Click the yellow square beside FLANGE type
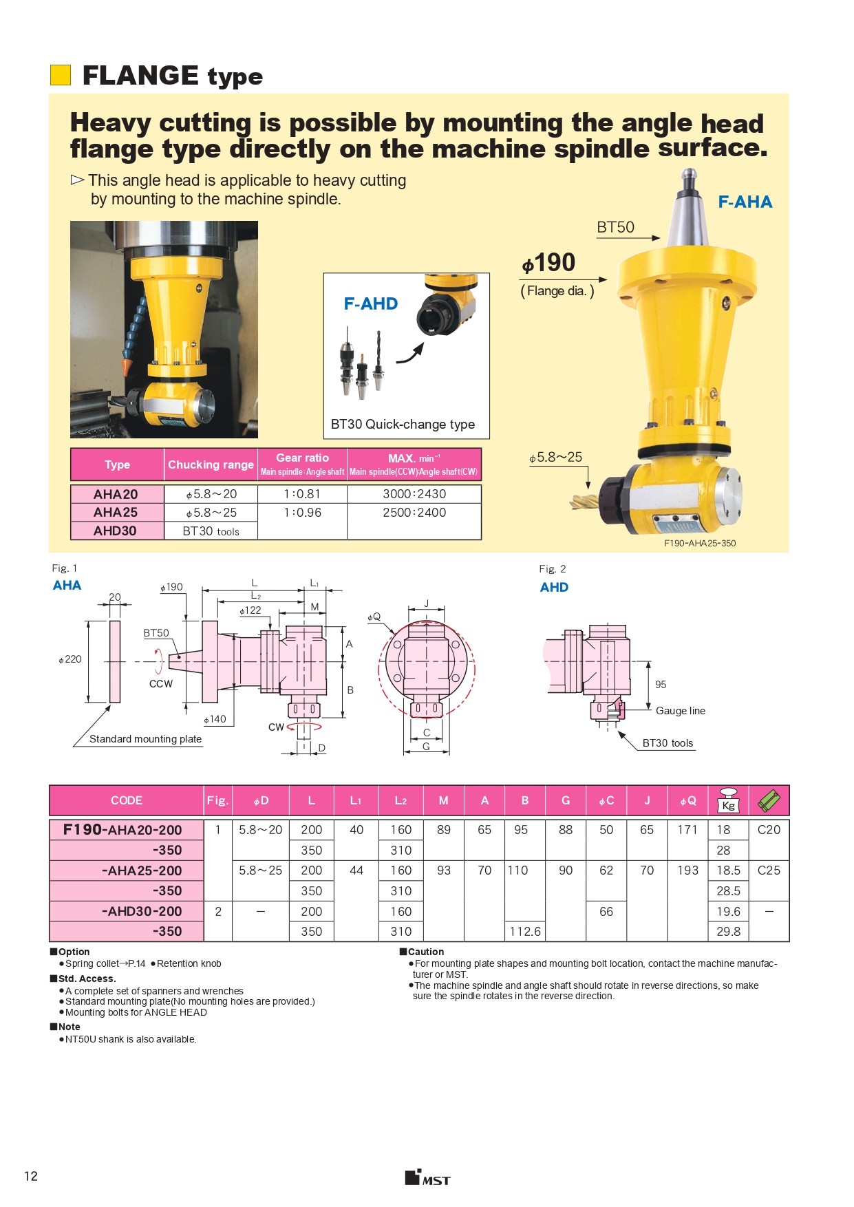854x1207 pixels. (61, 75)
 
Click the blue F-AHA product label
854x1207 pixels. (745, 202)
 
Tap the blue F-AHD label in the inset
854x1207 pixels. (371, 304)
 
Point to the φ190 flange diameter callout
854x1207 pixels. (548, 263)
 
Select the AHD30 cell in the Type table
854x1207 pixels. (116, 531)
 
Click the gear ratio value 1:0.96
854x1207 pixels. (303, 513)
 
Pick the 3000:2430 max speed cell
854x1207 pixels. (414, 494)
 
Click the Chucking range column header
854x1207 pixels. (211, 464)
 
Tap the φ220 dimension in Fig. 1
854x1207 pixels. (70, 659)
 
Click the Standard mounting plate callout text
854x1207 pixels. (145, 739)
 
